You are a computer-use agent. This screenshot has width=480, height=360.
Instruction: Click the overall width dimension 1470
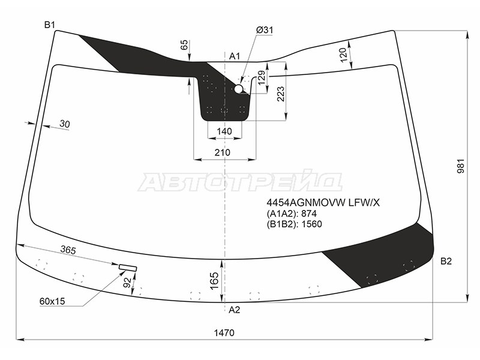point(224,332)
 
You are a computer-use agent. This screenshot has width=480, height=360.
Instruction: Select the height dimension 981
point(461,166)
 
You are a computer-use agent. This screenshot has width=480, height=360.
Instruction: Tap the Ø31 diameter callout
point(265,30)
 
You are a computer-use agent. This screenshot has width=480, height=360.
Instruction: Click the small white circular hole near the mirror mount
point(239,89)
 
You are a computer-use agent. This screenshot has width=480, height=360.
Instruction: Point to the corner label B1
point(49,25)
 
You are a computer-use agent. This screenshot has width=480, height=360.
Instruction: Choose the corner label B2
point(446,261)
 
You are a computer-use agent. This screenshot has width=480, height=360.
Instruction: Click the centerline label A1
point(235,56)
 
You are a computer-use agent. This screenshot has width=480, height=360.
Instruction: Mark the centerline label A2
point(235,310)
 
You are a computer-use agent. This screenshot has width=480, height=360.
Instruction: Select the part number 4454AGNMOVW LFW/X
point(323,202)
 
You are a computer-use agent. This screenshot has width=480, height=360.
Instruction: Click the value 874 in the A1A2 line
point(309,214)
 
